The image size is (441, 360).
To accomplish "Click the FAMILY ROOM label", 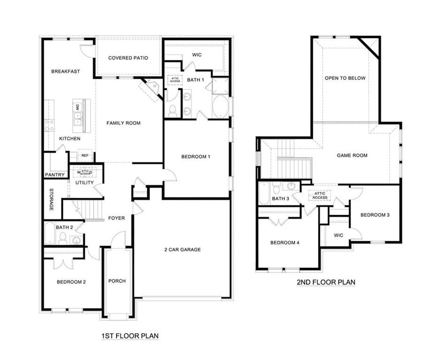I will tap(123, 123).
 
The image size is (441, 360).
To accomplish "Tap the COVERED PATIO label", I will tap(128, 58).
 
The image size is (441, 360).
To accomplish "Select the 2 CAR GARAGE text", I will tap(182, 250).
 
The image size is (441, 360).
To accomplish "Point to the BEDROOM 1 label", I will tap(196, 157).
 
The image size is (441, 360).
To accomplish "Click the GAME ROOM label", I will tap(352, 155).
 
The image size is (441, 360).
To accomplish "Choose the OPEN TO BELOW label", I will tap(345, 78).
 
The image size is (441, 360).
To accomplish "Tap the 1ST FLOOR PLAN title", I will tap(130, 336).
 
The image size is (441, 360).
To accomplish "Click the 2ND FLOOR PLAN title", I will tap(326, 282).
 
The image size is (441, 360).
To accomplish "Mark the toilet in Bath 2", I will tap(63, 238).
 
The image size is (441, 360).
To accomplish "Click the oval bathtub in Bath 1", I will tap(219, 107).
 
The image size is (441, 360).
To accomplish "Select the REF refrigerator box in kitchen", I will tap(85, 155).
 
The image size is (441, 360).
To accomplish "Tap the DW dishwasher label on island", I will tap(78, 107).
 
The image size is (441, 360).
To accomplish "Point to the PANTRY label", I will tap(55, 175).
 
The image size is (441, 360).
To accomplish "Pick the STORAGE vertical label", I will tap(51, 200).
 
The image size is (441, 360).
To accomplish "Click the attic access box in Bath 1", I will tap(173, 80).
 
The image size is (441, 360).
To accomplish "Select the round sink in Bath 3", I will tap(291, 186).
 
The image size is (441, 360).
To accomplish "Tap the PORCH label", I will tap(117, 281).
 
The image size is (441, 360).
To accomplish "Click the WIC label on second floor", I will tap(338, 235).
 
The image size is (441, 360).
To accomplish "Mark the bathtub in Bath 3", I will tap(265, 194).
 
